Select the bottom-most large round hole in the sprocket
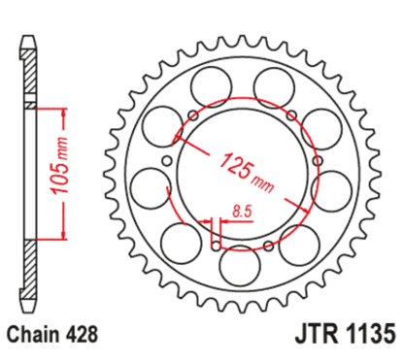point(237,263)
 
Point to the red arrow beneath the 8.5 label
point(233,220)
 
